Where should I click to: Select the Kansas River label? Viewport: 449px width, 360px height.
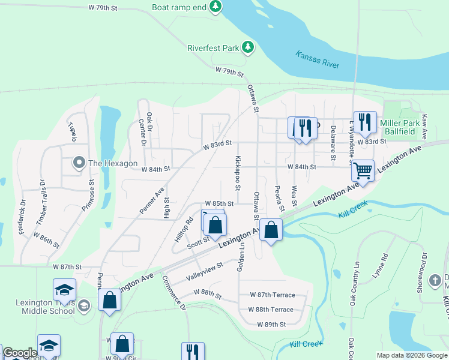point(318,59)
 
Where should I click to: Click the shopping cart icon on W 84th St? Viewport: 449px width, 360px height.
point(363,170)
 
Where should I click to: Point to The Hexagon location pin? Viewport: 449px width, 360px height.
point(79,163)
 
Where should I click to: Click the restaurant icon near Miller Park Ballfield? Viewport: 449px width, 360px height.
point(364,122)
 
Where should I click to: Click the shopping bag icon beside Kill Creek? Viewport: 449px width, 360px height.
point(271,230)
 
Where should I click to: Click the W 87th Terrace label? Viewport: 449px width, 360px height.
point(272,295)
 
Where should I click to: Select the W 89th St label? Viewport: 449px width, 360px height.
point(272,324)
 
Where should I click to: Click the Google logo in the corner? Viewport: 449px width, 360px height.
point(20,353)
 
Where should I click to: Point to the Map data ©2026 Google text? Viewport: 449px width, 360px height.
point(412,355)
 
